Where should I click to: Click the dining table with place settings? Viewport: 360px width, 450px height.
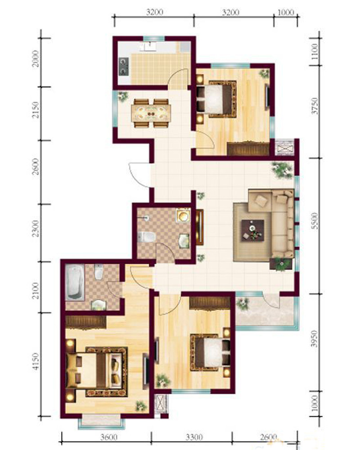[x=151, y=113]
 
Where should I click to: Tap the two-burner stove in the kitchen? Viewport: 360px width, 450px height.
[x=123, y=67]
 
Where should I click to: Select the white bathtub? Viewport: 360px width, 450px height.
[x=75, y=283]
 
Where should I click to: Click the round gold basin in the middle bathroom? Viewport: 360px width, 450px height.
[x=183, y=215]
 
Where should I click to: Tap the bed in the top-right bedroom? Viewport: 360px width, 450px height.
[x=217, y=99]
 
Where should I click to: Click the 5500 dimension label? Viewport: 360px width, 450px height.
[x=315, y=220]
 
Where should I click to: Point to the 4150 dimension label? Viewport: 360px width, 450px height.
[x=35, y=361]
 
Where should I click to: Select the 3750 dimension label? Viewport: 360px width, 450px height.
[x=315, y=106]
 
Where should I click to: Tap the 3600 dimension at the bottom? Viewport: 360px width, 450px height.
[x=109, y=438]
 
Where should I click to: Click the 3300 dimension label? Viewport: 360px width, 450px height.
[x=194, y=438]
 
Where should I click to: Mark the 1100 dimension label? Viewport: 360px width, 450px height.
[x=315, y=51]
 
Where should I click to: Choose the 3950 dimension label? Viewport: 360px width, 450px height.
[x=315, y=339]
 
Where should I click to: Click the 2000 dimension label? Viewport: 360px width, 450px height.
[x=35, y=58]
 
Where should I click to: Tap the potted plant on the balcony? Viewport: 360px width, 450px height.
[x=243, y=304]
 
